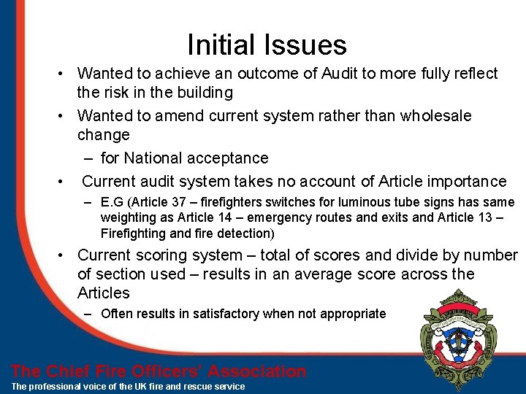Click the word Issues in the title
point(306,45)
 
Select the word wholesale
point(436,116)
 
